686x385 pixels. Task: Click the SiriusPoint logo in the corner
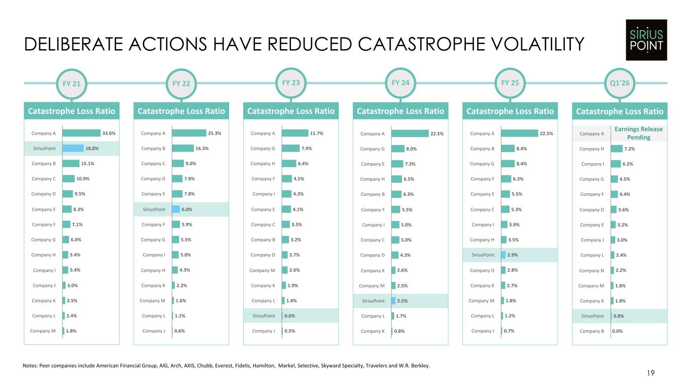(x=646, y=40)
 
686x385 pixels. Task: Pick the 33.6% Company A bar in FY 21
(x=81, y=133)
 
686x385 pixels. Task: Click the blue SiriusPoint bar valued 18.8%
(x=73, y=148)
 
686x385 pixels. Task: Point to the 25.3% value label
(x=215, y=133)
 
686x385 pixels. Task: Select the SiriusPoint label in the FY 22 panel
(x=154, y=209)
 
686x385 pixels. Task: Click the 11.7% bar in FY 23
(x=295, y=133)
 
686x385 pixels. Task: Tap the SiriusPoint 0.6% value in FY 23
(x=289, y=316)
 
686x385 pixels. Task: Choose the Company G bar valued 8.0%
(x=398, y=149)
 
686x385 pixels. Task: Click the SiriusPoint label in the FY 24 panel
(x=373, y=301)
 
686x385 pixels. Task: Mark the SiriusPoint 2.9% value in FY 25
(x=512, y=254)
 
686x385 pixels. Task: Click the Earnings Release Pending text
(x=639, y=133)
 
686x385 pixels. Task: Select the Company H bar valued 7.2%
(x=617, y=149)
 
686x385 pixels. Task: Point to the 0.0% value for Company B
(x=617, y=331)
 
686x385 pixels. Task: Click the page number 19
(x=651, y=373)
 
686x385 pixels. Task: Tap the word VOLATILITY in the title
(x=537, y=44)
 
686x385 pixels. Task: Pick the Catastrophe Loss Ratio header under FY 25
(x=510, y=111)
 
